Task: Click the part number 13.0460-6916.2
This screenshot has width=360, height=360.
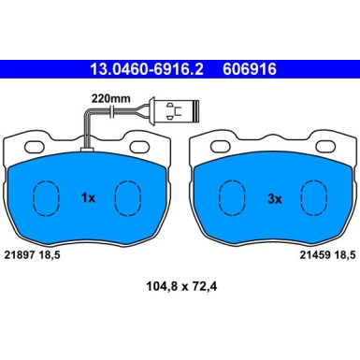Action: [x=147, y=69]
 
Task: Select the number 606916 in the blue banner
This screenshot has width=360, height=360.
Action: [x=250, y=69]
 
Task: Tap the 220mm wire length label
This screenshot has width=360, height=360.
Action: [x=110, y=99]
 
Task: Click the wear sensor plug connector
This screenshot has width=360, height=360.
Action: [x=174, y=111]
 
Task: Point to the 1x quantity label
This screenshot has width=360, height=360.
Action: [x=88, y=197]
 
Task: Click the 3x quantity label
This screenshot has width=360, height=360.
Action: [x=275, y=199]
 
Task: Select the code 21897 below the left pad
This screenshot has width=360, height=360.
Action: [x=20, y=255]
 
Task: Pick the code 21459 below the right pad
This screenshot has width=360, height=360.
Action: [x=315, y=255]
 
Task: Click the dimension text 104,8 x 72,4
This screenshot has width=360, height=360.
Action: [x=181, y=286]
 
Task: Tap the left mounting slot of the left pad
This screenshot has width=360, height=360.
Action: [x=35, y=147]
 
